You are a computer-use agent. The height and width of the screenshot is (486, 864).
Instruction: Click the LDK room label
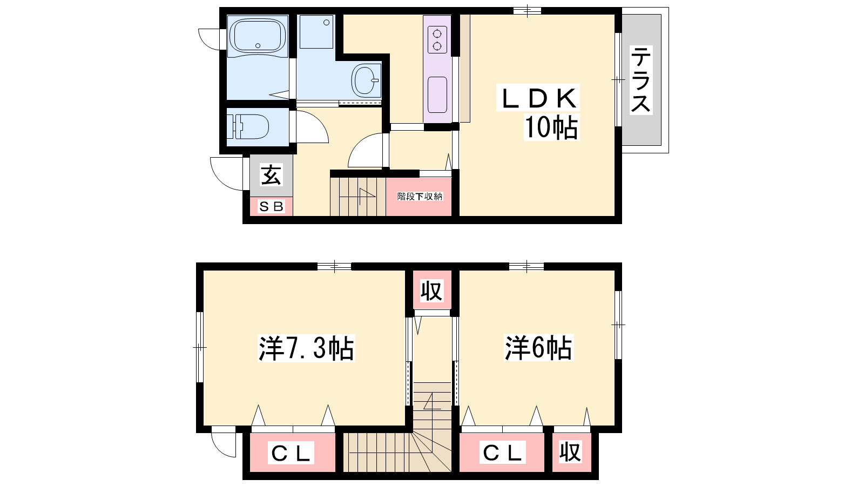click(538, 98)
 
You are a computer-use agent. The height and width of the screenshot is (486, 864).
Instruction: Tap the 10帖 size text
click(551, 127)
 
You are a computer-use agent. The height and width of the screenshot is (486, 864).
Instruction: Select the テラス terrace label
click(640, 80)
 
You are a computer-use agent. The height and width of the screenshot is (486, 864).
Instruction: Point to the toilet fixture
click(248, 126)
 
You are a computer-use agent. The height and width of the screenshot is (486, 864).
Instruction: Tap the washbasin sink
click(365, 80)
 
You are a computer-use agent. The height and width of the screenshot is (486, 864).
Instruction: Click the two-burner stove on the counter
click(437, 39)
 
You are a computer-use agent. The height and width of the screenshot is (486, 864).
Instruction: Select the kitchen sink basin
click(437, 95)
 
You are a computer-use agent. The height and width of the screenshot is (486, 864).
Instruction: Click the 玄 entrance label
click(271, 175)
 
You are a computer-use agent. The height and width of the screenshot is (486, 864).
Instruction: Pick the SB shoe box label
click(272, 207)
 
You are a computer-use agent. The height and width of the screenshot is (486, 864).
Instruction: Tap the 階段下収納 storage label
click(420, 197)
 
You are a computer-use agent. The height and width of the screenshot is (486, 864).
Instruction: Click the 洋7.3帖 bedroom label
click(306, 348)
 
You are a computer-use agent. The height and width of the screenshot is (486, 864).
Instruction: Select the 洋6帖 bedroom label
click(538, 348)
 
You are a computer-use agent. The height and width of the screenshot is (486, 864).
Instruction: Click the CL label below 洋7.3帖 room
click(291, 453)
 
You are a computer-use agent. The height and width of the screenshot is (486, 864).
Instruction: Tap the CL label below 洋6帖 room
click(502, 453)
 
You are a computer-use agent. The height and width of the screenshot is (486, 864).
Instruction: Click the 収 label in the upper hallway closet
click(431, 291)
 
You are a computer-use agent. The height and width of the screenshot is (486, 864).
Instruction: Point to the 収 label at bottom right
click(570, 451)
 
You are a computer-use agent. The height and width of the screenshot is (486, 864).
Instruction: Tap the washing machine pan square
click(316, 32)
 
